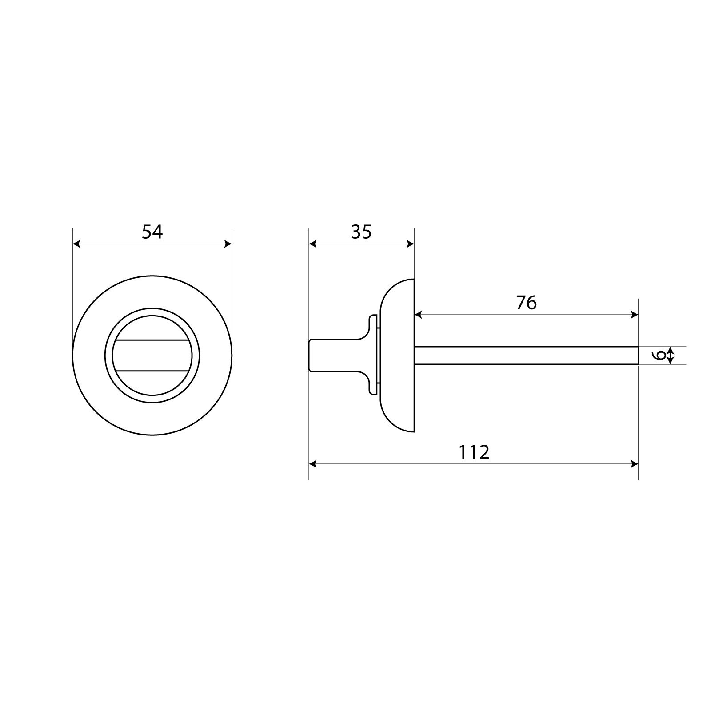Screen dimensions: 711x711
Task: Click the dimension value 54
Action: [x=152, y=232]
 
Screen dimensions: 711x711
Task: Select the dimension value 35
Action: [x=361, y=232]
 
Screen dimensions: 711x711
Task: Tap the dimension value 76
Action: [x=527, y=303]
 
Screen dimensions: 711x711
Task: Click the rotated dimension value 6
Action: [x=661, y=355]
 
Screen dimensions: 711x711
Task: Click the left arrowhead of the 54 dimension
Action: [x=76, y=244]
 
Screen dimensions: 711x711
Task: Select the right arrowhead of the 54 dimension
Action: [x=228, y=244]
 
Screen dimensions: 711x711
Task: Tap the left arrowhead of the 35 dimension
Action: [x=313, y=244]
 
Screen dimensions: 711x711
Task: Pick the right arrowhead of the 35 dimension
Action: [x=410, y=244]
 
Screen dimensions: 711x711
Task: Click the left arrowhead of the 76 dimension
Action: [x=419, y=315]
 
